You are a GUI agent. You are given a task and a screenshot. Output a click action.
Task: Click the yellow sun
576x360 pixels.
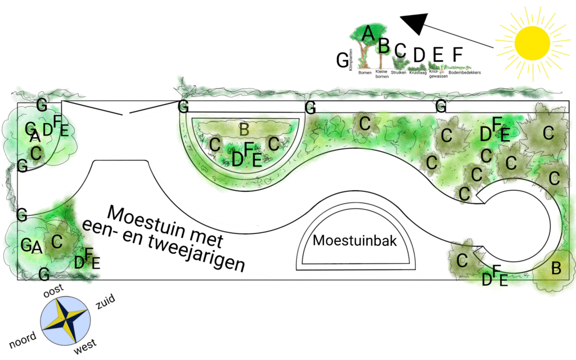(x=532, y=42)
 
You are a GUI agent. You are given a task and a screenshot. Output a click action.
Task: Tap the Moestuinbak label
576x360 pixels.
(x=355, y=241)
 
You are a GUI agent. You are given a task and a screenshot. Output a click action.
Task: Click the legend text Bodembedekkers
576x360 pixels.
(x=465, y=73)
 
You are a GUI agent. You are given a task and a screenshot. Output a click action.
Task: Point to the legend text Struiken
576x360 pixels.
(x=398, y=73)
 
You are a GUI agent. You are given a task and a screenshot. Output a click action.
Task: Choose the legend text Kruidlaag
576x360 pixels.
(x=418, y=73)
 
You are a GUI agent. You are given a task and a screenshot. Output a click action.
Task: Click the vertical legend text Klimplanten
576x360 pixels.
(x=351, y=58)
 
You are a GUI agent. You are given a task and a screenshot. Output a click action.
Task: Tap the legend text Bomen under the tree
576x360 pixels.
(x=364, y=73)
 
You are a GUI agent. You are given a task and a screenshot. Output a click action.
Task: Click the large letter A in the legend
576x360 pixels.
(x=368, y=33)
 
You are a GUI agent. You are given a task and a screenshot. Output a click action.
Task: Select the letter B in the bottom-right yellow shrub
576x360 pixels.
(x=556, y=268)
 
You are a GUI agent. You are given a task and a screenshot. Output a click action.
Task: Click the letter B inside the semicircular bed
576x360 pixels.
(x=244, y=129)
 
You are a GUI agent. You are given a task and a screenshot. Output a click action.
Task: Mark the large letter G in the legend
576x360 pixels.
(x=342, y=59)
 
